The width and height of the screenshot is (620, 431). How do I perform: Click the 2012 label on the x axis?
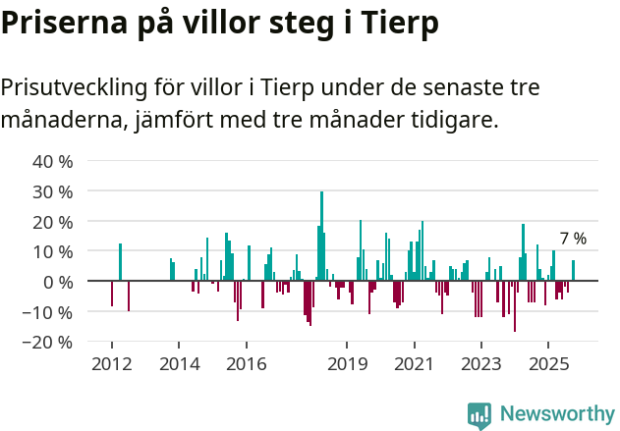pyautogui.click(x=111, y=365)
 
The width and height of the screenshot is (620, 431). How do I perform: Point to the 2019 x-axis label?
pyautogui.click(x=347, y=365)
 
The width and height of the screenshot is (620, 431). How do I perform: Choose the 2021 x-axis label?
pyautogui.click(x=414, y=365)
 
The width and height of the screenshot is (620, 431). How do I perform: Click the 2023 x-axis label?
pyautogui.click(x=481, y=365)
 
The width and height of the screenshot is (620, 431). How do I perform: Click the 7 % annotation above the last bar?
pyautogui.click(x=573, y=239)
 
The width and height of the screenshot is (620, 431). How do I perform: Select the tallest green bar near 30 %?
pyautogui.click(x=321, y=236)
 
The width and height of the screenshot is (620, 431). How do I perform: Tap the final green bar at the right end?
pyautogui.click(x=574, y=271)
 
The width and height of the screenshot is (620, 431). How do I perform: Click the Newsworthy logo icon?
pyautogui.click(x=479, y=415)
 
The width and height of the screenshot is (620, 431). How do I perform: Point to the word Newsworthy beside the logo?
pyautogui.click(x=557, y=414)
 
